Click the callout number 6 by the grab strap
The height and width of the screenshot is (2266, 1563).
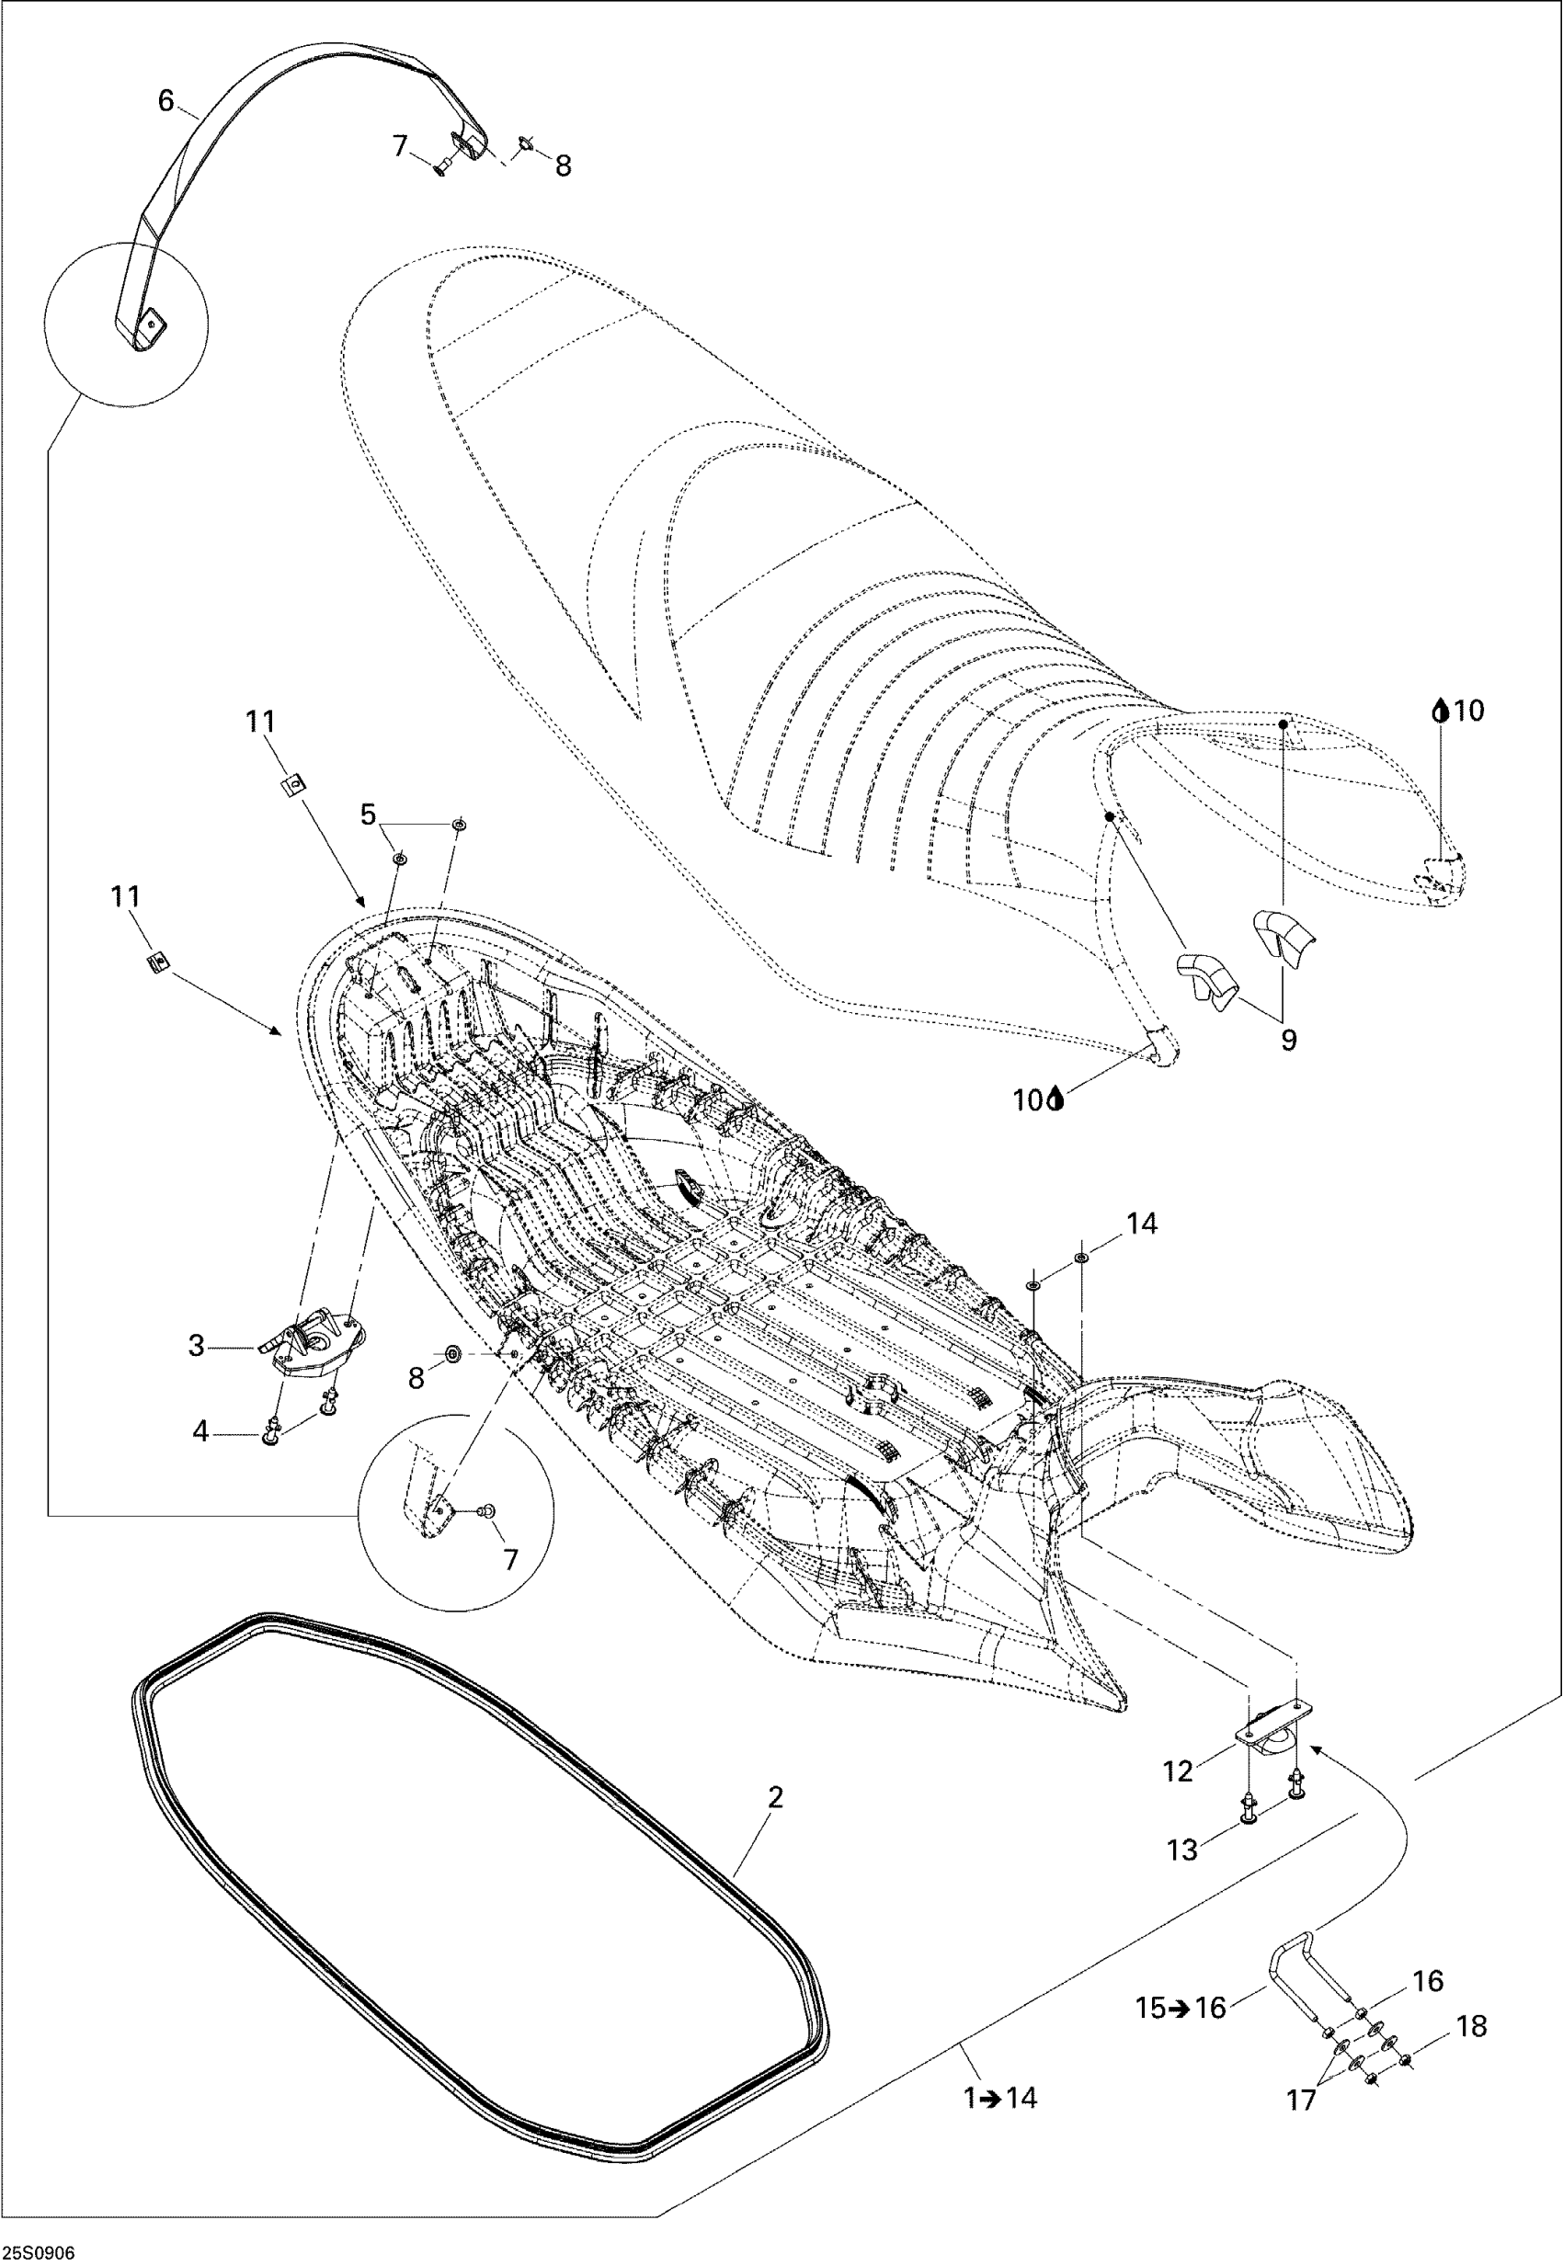165,100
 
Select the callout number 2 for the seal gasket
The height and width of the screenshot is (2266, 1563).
776,1797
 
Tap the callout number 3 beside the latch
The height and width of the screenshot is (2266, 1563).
197,1347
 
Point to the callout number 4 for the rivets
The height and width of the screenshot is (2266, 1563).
200,1431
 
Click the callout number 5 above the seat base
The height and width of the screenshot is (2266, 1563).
369,814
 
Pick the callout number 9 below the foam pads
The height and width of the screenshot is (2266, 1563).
1289,1040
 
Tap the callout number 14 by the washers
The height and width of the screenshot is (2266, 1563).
1142,1224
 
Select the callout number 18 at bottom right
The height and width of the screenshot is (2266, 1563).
1473,2026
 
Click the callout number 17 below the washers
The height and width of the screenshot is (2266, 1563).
1301,2100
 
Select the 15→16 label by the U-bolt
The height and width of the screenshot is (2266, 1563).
1181,2009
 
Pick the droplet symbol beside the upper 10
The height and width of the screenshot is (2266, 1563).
1440,710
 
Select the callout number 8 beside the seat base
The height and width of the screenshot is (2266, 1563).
416,1378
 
